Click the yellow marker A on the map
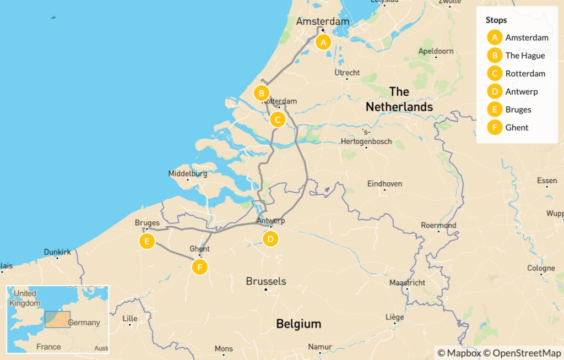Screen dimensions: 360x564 323,42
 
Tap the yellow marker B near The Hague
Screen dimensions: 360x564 262,93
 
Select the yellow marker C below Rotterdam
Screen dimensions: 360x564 278,119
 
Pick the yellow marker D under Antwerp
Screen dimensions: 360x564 270,239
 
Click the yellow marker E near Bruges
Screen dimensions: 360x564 147,241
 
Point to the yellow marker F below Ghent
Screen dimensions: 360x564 199,268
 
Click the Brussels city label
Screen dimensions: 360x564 266,281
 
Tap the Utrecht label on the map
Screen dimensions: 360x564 347,73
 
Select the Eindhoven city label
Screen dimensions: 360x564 384,184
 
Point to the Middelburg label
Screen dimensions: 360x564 188,174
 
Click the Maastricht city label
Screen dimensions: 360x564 407,282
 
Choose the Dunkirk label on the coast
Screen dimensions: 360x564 58,252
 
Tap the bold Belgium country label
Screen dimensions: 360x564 299,324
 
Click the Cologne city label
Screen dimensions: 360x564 541,269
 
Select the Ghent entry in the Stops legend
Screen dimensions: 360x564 517,128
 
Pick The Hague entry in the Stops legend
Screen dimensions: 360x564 525,56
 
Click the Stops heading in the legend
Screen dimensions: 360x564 497,20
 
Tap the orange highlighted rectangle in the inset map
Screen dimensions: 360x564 57,319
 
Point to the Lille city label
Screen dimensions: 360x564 130,318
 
